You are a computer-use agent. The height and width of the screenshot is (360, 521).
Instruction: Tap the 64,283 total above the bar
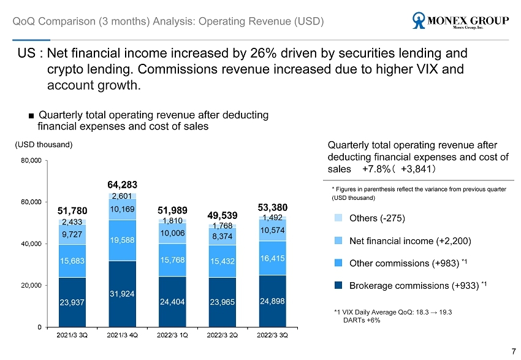pos(122,184)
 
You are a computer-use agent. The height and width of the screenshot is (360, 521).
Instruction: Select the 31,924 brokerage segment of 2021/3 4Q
pos(122,294)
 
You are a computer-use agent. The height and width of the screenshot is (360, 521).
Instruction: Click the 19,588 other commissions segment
pos(122,240)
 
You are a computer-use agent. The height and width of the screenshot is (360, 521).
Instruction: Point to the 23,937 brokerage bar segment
pos(72,302)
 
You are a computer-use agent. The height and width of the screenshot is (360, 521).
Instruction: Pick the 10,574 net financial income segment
pos(273,231)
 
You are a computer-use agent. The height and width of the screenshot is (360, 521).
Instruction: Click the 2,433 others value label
pos(72,222)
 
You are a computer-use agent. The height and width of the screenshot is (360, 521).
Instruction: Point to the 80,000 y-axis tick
pos(31,161)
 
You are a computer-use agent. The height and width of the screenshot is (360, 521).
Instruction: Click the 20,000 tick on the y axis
pos(31,285)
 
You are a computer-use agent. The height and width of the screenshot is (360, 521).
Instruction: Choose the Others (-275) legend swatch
pos(338,218)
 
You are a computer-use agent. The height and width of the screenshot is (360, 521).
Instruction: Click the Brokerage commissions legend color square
pos(338,285)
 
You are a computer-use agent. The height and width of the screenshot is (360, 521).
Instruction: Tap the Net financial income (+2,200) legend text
pos(409,241)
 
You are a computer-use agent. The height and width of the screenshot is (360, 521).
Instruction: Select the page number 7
pos(513,351)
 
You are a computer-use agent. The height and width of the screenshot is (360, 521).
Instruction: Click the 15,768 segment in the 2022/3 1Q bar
pos(173,261)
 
